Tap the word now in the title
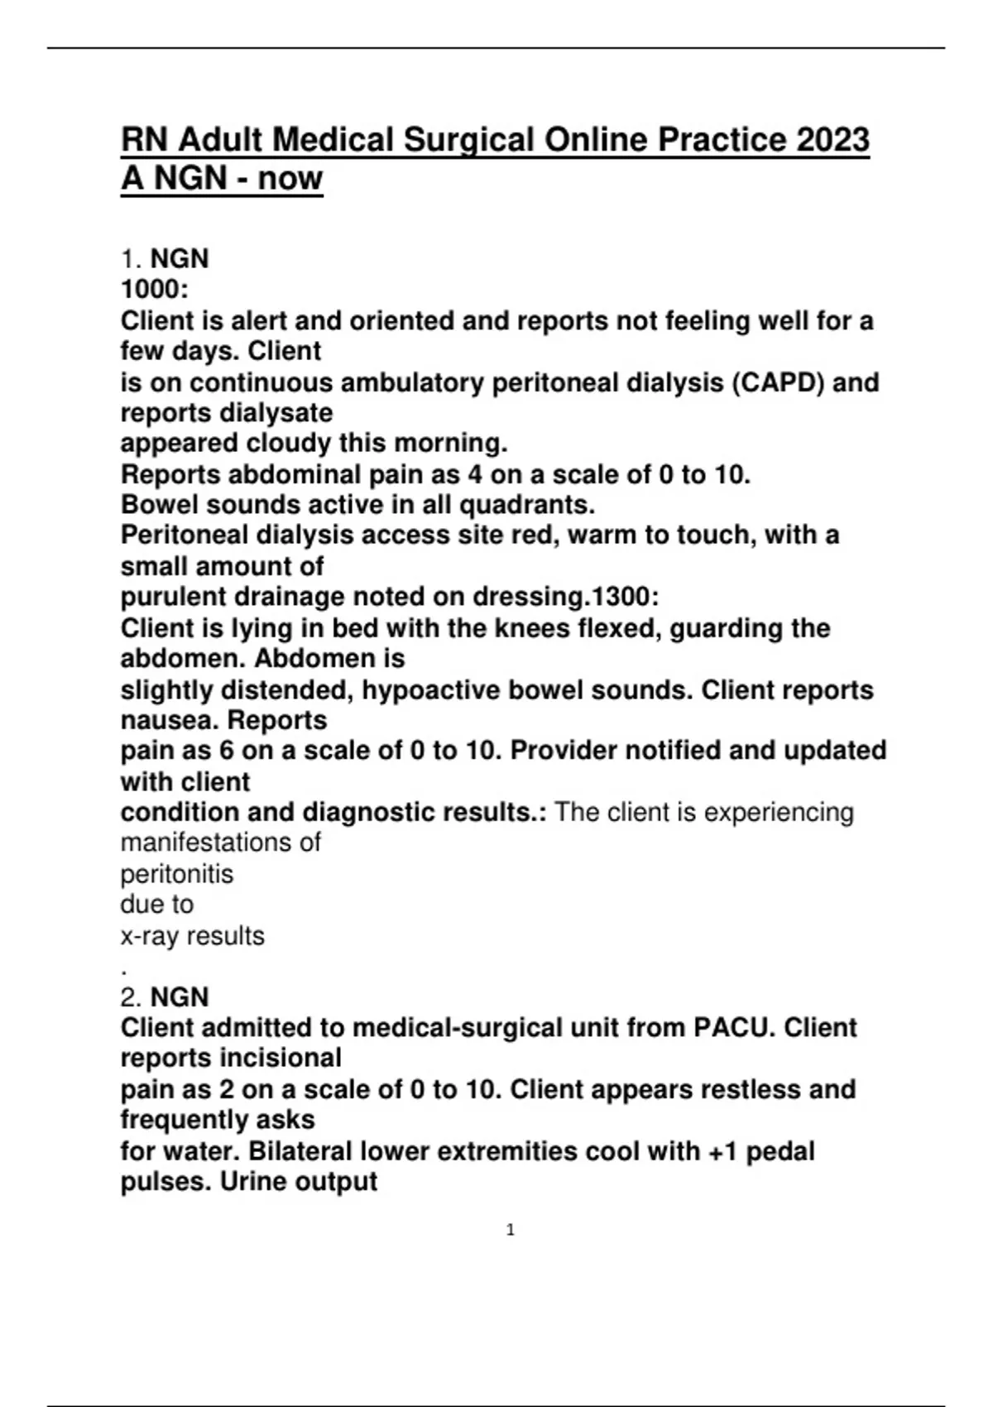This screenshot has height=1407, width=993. (290, 177)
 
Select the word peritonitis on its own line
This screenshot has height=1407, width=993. (177, 874)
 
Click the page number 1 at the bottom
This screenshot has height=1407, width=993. (510, 1230)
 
